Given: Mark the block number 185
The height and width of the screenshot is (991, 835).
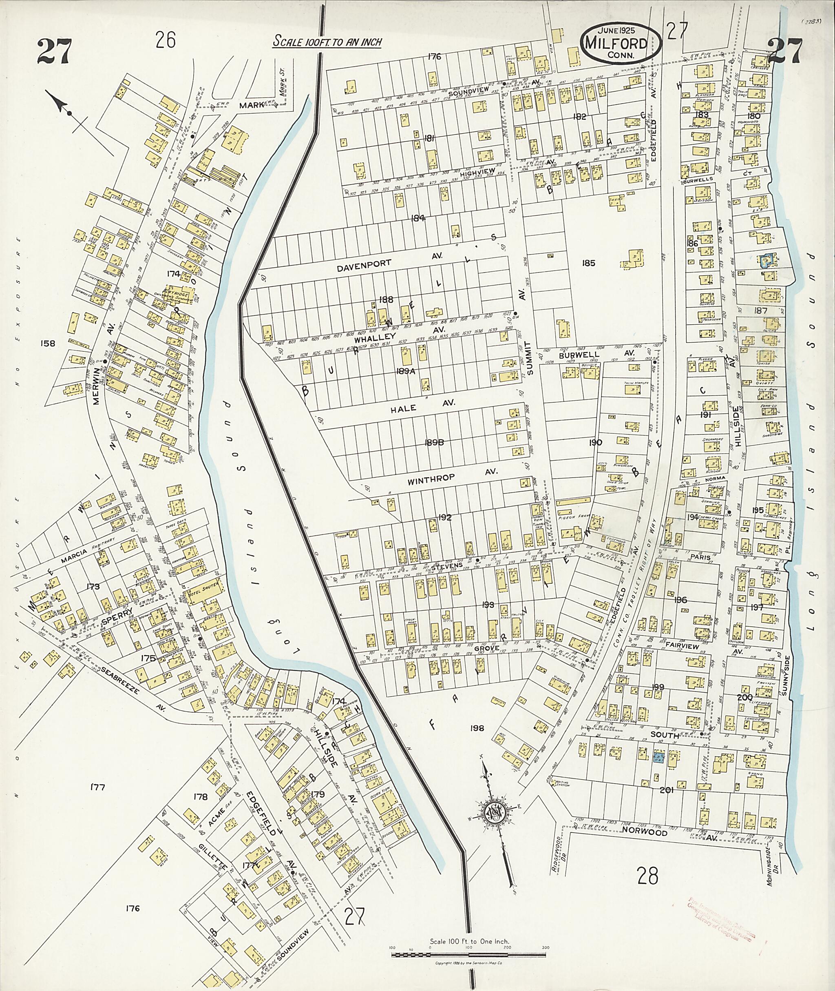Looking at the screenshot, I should (x=588, y=264).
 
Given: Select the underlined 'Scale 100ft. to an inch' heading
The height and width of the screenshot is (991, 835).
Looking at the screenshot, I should (x=327, y=42).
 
